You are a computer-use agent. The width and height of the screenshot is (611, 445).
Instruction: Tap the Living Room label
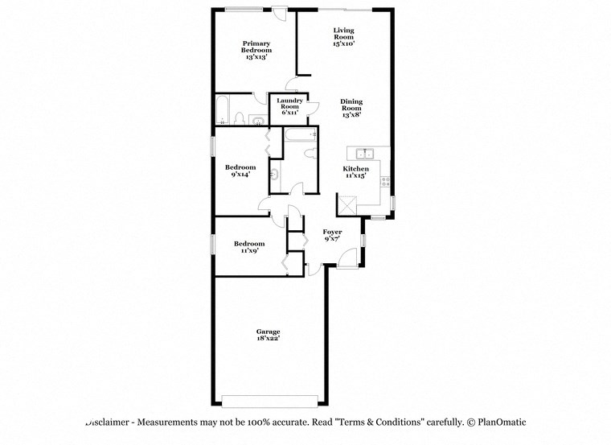(344, 37)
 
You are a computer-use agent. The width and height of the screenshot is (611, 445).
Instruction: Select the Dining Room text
(351, 108)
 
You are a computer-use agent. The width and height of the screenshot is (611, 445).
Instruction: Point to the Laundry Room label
(289, 107)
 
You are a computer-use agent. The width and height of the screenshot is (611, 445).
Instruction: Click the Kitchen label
(355, 172)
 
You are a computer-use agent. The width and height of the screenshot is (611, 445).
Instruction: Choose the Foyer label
(333, 235)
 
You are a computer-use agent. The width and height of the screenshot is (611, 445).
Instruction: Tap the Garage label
(269, 335)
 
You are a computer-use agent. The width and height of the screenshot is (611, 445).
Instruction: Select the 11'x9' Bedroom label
(249, 246)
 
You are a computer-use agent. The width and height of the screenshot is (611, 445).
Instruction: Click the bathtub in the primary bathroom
(223, 110)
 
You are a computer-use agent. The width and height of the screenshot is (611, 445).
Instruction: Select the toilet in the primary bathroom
(239, 119)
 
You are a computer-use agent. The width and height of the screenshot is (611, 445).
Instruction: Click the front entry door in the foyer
(348, 258)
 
